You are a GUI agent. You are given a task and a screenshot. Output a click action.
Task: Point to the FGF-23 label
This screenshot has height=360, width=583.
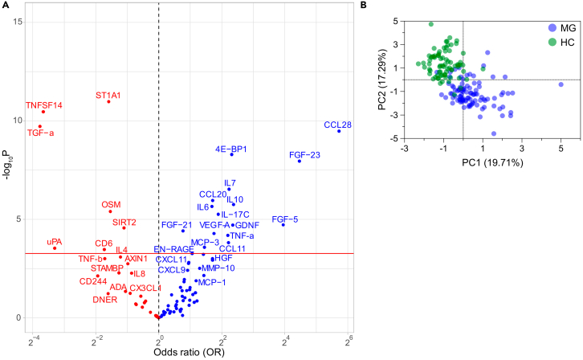pyautogui.click(x=304, y=154)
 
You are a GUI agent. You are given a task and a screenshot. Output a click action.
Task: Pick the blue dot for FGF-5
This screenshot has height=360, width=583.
pyautogui.click(x=283, y=225)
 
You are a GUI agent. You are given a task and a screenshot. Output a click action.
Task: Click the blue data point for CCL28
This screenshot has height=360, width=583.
pyautogui.click(x=339, y=131)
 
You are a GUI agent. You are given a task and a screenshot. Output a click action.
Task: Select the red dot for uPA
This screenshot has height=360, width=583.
pyautogui.click(x=55, y=248)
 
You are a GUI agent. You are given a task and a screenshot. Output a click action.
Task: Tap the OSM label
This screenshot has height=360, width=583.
pyautogui.click(x=111, y=205)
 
